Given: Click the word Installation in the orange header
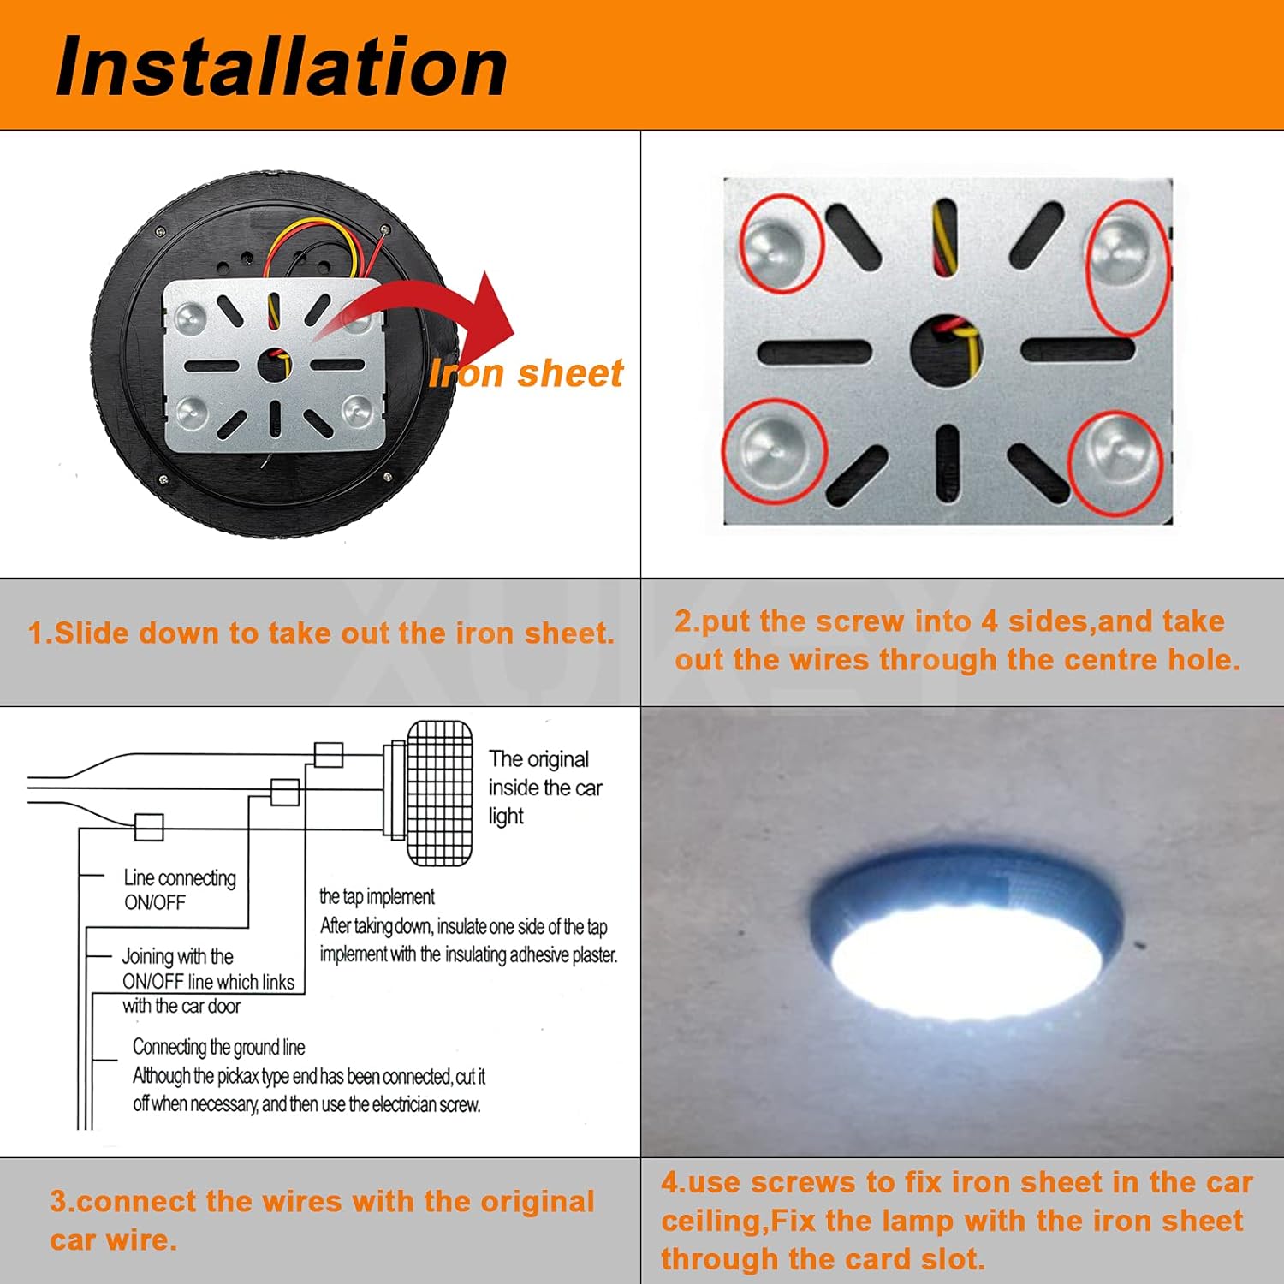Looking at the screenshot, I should click(x=282, y=67).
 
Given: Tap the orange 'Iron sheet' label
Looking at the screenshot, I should click(x=526, y=373).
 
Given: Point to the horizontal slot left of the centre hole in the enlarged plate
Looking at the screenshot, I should click(x=814, y=350).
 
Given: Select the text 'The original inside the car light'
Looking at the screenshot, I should click(x=544, y=787).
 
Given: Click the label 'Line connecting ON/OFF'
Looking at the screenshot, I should click(x=179, y=889).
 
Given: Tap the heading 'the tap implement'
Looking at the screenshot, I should click(x=377, y=896).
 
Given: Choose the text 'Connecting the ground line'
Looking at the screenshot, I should click(x=218, y=1047).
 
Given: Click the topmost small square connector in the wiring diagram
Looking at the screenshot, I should click(x=329, y=755).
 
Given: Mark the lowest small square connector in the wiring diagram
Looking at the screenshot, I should click(x=149, y=827).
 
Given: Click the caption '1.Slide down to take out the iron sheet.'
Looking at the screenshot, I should click(x=321, y=633).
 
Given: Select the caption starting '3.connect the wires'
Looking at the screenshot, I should click(x=321, y=1220).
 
